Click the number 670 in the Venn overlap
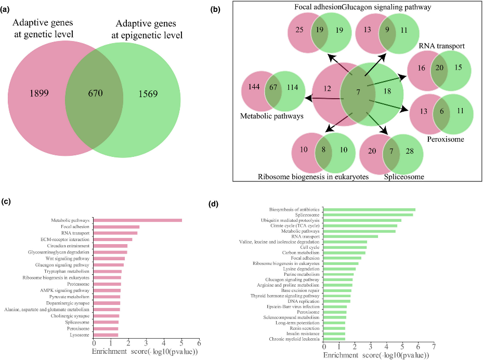coord(95,93)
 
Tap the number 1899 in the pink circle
coord(39,93)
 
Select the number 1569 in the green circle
coord(148,94)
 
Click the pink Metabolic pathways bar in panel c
coord(138,220)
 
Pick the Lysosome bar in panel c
coord(106,335)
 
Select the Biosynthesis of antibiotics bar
coord(369,210)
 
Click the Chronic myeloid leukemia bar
coord(334,339)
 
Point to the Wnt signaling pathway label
coord(68,259)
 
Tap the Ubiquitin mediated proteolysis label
coord(290,220)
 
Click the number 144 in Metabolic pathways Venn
coord(254,87)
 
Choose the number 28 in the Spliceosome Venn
coord(410,151)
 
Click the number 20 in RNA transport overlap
coord(439,68)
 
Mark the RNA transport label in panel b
coord(442,46)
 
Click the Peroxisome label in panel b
coord(446,139)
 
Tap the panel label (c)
coord(6,202)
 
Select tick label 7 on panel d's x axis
coord(434,347)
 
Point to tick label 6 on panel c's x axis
coord(199,343)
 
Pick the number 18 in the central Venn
coord(387,91)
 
